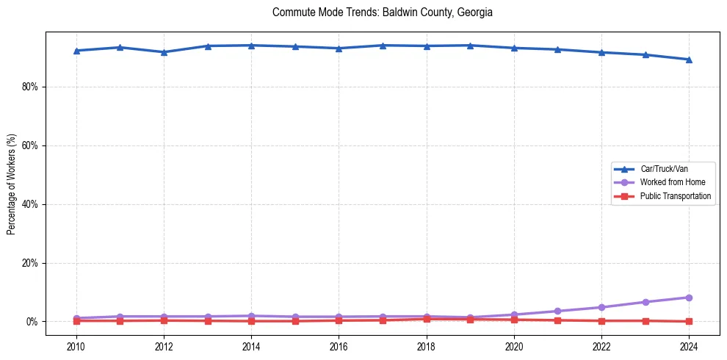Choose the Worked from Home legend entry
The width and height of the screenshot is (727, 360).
(x=668, y=182)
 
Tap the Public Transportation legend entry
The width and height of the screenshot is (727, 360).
(x=675, y=196)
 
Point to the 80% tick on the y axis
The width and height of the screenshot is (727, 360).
(x=29, y=87)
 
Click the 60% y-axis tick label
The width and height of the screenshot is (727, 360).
(x=29, y=145)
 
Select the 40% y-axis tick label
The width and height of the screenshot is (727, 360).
(x=29, y=204)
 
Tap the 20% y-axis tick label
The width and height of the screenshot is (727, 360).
(x=29, y=263)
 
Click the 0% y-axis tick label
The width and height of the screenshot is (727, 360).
(x=32, y=322)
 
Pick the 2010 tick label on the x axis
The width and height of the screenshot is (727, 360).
(x=76, y=346)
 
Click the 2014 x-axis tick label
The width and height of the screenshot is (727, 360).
(x=251, y=346)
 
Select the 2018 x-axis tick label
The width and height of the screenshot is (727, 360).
(x=427, y=346)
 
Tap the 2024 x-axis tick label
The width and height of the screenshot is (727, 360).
(x=689, y=346)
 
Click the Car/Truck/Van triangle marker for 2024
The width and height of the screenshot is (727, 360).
(x=689, y=60)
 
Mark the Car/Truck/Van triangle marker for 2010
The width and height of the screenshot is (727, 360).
(x=76, y=51)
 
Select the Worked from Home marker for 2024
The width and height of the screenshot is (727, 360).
(x=689, y=298)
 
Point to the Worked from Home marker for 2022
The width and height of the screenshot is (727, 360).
(x=601, y=307)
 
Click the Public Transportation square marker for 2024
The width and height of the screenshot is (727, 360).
(x=689, y=321)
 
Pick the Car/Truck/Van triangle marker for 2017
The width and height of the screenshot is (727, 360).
(x=383, y=46)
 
